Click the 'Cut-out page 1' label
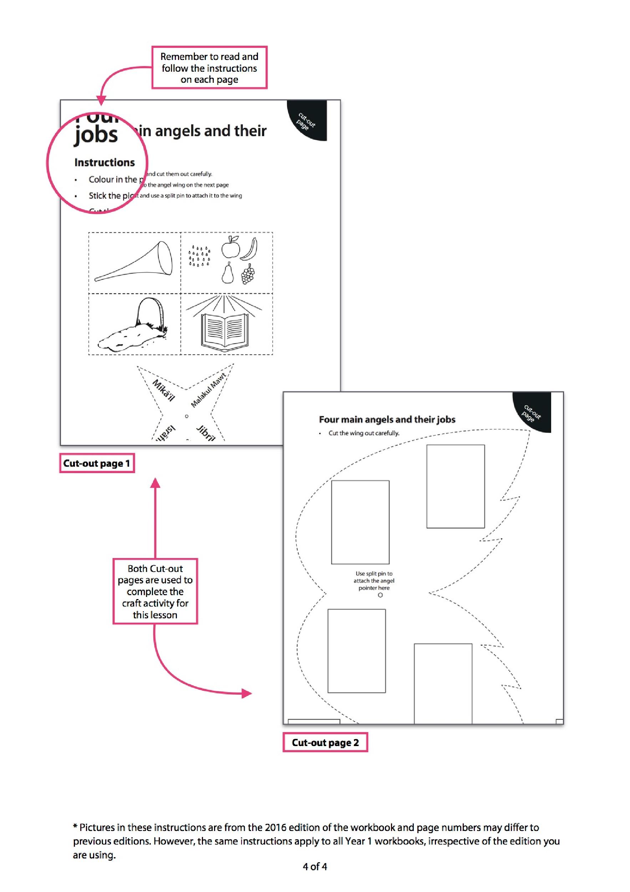97,463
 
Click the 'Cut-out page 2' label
325,743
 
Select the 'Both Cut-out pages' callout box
155,591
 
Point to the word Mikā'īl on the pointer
163,390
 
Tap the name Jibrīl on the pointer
205,433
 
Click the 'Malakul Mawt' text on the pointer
208,390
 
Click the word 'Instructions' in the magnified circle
105,162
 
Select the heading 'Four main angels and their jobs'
387,420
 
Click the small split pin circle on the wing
380,595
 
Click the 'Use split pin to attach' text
374,581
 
